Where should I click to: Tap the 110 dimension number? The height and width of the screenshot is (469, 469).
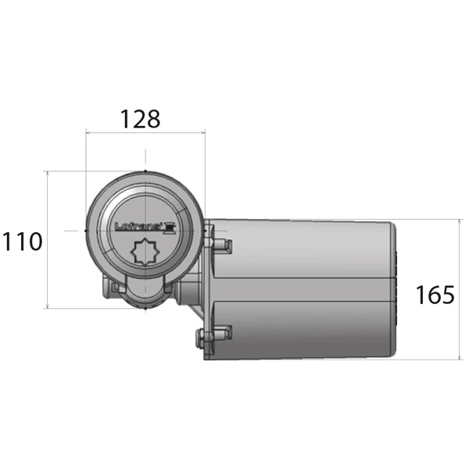pos(21,242)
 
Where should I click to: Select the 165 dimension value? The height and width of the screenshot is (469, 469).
pos(435,295)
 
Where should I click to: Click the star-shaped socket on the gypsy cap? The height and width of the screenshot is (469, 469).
pos(145,253)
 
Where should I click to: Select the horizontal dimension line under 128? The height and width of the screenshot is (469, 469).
pos(145,134)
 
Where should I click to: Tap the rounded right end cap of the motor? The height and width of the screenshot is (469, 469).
pos(396,289)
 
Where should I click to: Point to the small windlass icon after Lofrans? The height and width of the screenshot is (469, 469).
pos(170,227)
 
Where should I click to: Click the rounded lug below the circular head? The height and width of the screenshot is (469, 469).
pos(145,293)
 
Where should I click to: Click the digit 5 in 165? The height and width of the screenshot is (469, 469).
pos(446,295)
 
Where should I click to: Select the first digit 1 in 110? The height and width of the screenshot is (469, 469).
pos(6,242)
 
